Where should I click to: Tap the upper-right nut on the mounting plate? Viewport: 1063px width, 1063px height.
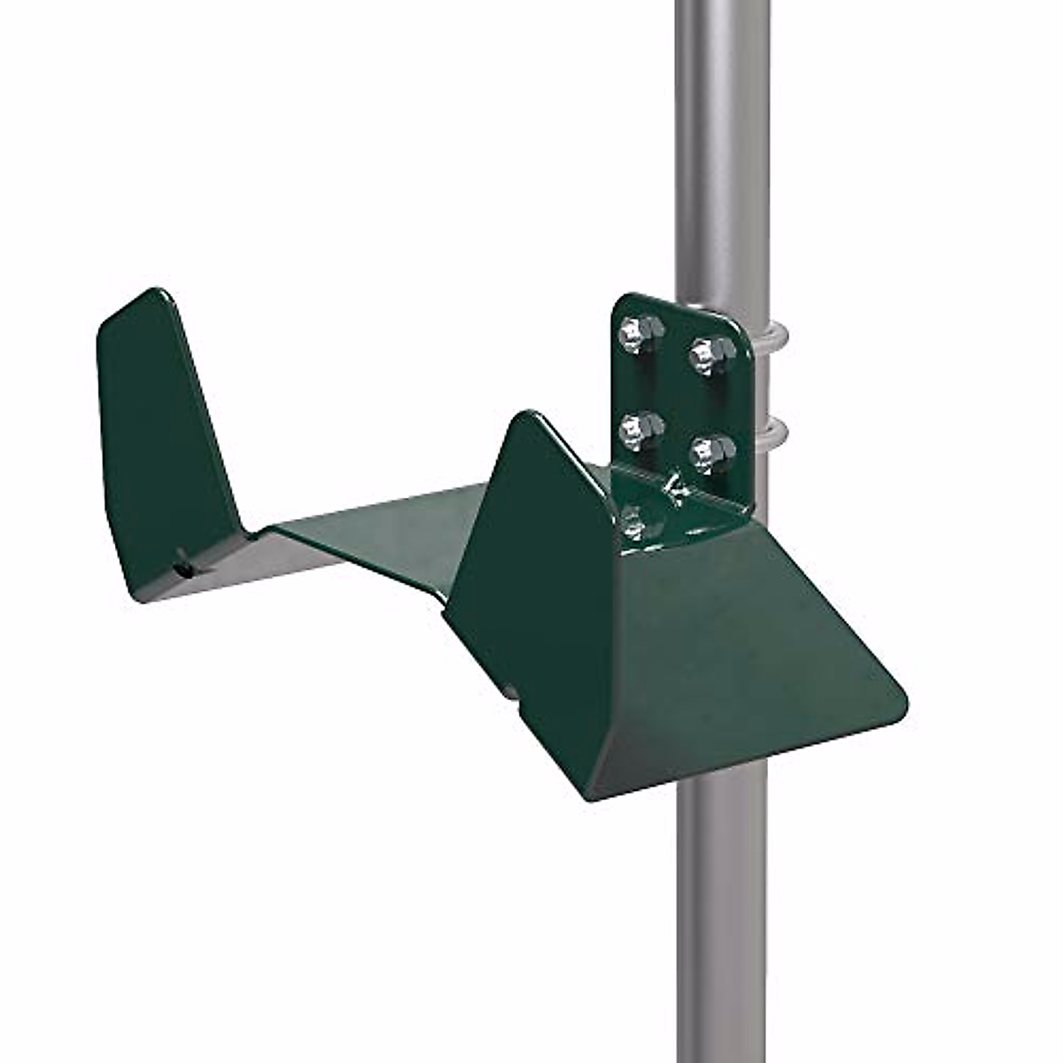coord(711,354)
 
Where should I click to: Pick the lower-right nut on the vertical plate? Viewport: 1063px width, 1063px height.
coord(712,452)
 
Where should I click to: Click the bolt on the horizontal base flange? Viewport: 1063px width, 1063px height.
coord(632,521)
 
